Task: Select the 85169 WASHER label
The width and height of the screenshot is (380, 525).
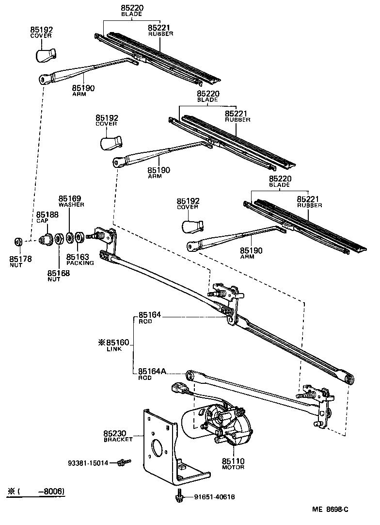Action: tap(72, 201)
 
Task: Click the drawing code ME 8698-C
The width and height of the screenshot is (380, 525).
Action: tap(331, 509)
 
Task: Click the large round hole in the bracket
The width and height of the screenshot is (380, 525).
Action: tap(158, 447)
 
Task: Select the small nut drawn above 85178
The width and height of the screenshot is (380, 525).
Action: tap(18, 241)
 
